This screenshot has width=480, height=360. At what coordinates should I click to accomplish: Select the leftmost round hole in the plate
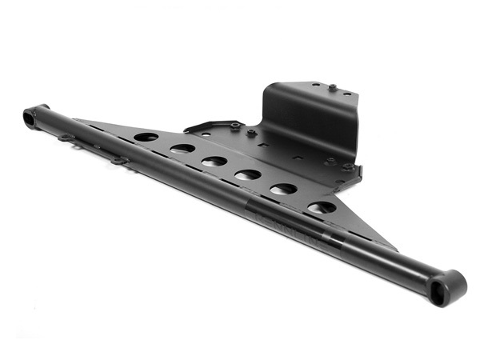pyautogui.click(x=146, y=137)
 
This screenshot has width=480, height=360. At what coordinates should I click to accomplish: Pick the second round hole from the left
pyautogui.click(x=182, y=149)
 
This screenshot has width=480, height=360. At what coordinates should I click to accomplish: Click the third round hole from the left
pyautogui.click(x=214, y=162)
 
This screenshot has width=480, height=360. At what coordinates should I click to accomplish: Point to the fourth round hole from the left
pyautogui.click(x=247, y=174)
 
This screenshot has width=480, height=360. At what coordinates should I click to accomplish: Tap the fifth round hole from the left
pyautogui.click(x=282, y=190)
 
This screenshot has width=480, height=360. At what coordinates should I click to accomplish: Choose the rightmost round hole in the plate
pyautogui.click(x=322, y=207)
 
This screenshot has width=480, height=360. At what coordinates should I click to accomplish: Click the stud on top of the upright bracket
pyautogui.click(x=331, y=86)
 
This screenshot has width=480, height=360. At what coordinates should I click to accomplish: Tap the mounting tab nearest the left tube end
pyautogui.click(x=67, y=138)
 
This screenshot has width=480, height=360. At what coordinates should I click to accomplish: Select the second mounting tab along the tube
pyautogui.click(x=121, y=161)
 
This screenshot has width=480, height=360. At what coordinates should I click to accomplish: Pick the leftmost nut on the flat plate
pyautogui.click(x=235, y=126)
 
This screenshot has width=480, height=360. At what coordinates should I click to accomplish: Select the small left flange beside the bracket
pyautogui.click(x=204, y=126)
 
